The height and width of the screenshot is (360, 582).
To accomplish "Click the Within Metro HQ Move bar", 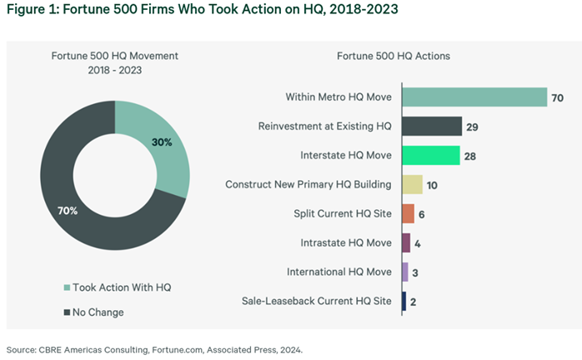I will pos(474,97).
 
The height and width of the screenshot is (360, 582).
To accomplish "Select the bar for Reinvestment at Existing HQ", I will pos(432,127).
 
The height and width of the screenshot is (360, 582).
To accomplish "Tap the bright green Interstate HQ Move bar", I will pos(431,156).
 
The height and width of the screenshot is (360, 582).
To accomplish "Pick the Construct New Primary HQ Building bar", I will pos(413,185).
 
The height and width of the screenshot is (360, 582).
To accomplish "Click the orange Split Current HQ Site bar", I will pos(408,214).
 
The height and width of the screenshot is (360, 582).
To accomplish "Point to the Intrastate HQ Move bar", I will pos(406,243).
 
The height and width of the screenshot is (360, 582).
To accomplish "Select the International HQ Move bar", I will pos(405,272).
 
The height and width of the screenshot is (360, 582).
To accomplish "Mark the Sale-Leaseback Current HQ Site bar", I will pos(404,302).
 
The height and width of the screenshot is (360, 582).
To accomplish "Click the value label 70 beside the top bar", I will pos(558,98).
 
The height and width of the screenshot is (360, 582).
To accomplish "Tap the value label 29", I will pos(473,127).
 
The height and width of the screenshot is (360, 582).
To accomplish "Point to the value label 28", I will pos(470,156).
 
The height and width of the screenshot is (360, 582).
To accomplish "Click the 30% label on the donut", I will pos(162,142).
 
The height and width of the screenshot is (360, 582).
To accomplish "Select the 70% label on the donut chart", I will pos(67,211).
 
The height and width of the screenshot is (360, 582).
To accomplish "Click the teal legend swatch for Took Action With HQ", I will pos(68,287).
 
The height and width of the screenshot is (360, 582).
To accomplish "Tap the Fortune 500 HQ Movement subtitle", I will pos(114,57).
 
